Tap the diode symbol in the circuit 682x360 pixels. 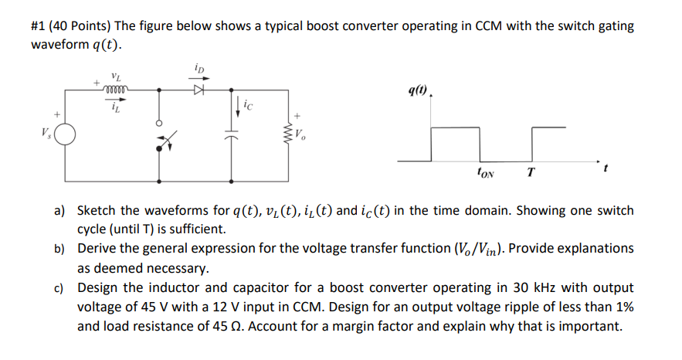click(x=198, y=90)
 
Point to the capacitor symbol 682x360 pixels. click(x=232, y=140)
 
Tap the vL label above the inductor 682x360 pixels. click(x=116, y=76)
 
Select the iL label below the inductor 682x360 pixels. click(x=115, y=107)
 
